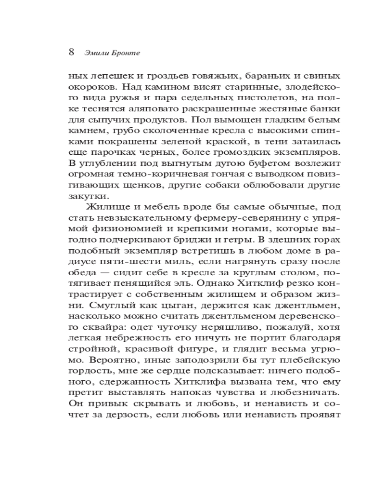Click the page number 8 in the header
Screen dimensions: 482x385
[71, 52]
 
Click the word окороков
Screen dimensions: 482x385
[89, 88]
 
